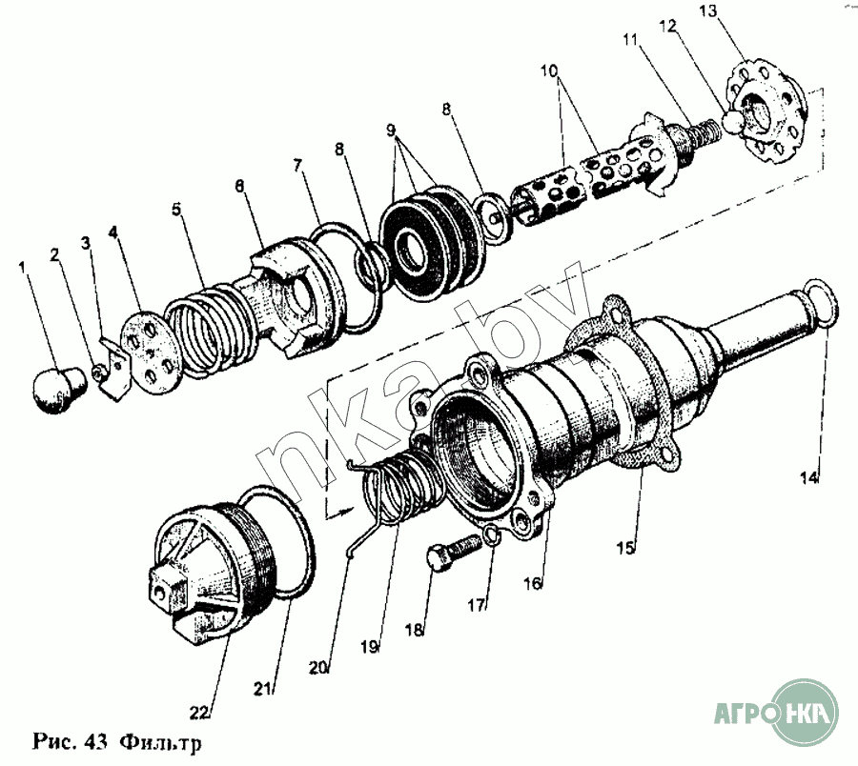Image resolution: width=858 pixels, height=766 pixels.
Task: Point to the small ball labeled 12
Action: pyautogui.click(x=733, y=121)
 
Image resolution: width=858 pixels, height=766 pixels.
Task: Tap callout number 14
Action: pyautogui.click(x=808, y=477)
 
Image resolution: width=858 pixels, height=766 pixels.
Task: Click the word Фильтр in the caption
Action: pyautogui.click(x=163, y=740)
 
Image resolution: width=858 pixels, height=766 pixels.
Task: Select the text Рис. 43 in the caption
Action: pyautogui.click(x=71, y=740)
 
